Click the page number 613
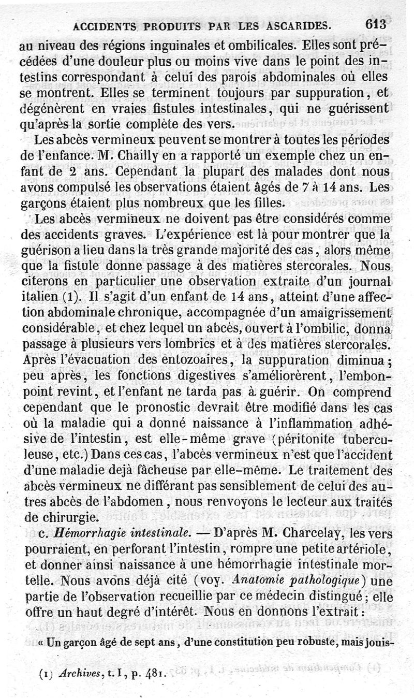[376, 25]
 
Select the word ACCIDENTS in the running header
[105, 25]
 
